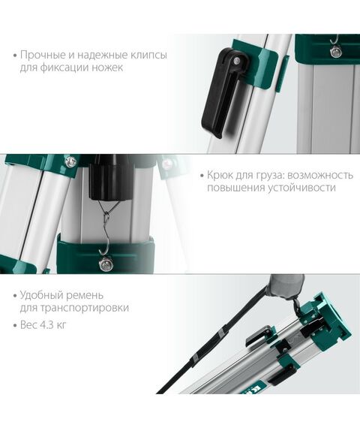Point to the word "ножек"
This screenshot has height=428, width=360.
(106, 68)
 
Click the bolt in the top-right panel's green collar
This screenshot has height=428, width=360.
(335, 52)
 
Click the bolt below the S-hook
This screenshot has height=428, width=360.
(106, 263)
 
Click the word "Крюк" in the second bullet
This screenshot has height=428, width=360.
(223, 175)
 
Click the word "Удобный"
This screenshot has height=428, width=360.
(42, 294)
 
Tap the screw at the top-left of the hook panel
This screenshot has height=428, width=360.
(70, 162)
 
